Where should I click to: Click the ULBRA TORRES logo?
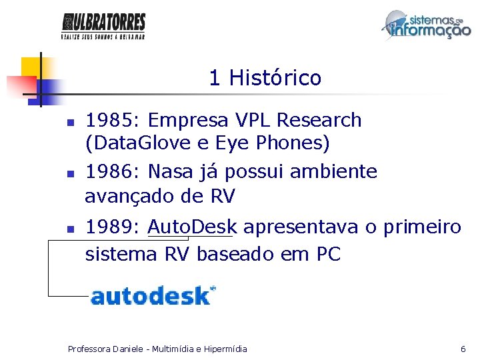[x=103, y=26]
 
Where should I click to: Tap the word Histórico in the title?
[x=275, y=79]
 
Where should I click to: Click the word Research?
[x=319, y=121]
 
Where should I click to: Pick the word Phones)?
[x=293, y=143]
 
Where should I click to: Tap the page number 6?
[x=463, y=349]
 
